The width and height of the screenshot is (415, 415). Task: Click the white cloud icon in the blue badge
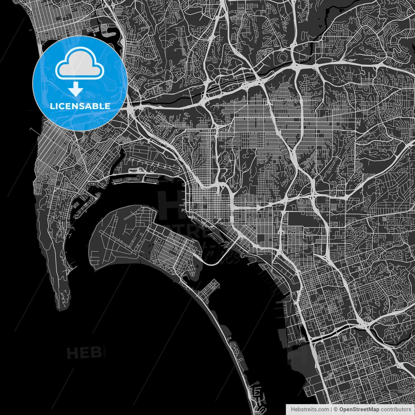click(79, 63)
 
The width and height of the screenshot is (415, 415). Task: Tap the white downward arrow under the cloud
click(76, 89)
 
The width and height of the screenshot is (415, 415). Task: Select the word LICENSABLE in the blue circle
click(80, 106)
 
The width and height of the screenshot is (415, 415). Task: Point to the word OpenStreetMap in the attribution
click(359, 409)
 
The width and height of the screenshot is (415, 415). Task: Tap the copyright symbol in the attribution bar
click(336, 409)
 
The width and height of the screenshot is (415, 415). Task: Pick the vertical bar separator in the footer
click(331, 409)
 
